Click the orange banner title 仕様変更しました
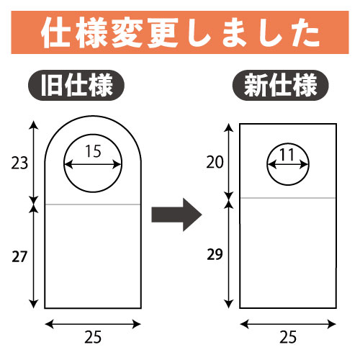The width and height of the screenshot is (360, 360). (x=181, y=32)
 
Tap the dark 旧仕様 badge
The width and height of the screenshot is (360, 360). (x=76, y=85)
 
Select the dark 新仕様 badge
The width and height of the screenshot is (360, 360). (x=280, y=85)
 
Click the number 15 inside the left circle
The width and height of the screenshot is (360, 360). (x=93, y=151)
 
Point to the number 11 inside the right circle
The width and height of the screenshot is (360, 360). (x=287, y=155)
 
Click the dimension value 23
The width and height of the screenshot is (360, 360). (x=19, y=163)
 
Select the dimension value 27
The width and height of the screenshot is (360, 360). (x=19, y=257)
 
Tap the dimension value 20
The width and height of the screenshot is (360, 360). (x=215, y=162)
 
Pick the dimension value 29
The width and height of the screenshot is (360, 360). (x=215, y=254)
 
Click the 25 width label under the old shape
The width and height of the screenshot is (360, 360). (x=93, y=337)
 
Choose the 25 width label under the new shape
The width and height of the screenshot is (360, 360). (x=288, y=337)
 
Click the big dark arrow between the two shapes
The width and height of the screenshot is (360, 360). (x=176, y=215)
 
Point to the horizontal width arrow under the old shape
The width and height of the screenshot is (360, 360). (x=93, y=325)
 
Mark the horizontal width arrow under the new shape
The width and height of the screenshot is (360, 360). (x=288, y=325)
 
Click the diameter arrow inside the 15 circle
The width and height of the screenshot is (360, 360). (x=93, y=165)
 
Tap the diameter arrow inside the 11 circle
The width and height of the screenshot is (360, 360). (x=288, y=165)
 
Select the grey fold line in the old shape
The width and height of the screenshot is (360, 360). (x=93, y=204)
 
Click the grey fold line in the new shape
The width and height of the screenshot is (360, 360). (x=288, y=198)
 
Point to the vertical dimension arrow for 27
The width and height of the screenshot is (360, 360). (x=34, y=257)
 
